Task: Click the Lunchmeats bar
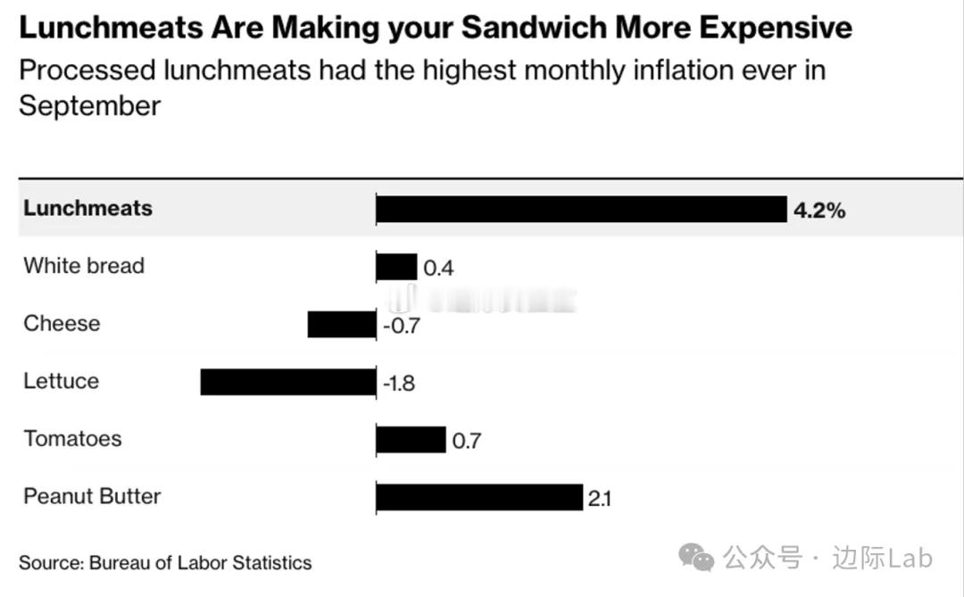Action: tap(581, 209)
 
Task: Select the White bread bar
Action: tap(396, 267)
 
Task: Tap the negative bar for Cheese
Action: tap(342, 324)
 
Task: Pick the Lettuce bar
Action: tap(288, 382)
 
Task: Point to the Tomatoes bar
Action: tap(411, 439)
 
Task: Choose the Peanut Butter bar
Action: tap(479, 497)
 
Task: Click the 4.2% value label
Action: tap(819, 211)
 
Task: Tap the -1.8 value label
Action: tap(399, 384)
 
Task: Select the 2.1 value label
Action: tap(599, 499)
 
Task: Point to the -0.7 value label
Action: tap(401, 326)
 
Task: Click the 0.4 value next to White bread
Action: tap(438, 268)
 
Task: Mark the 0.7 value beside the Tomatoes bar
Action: tap(466, 441)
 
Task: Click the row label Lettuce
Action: tap(61, 381)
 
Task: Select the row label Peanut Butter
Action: tap(92, 496)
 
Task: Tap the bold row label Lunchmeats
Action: tap(87, 208)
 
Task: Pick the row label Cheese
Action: tap(62, 323)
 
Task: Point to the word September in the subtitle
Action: tap(89, 105)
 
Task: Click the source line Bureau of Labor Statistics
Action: tap(200, 563)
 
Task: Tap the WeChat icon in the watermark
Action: tap(696, 559)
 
